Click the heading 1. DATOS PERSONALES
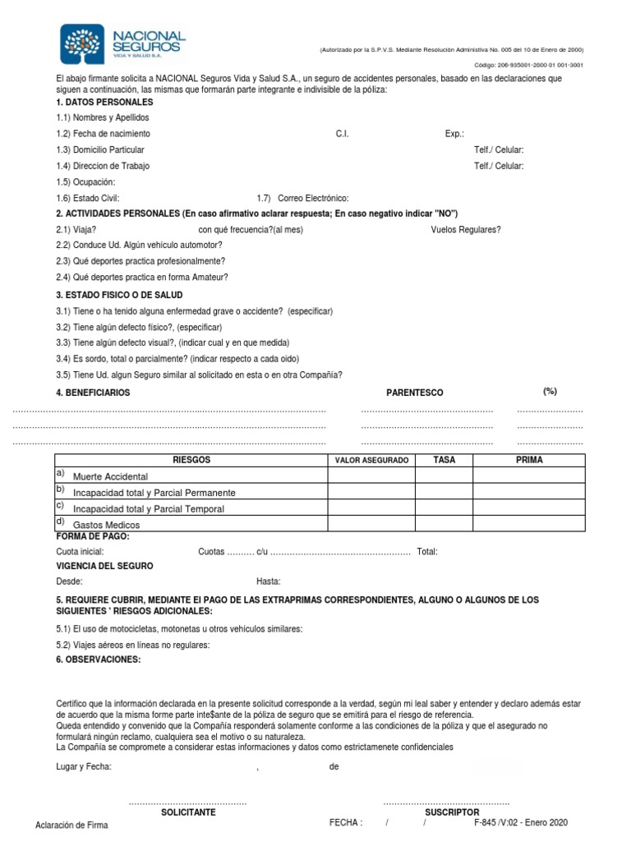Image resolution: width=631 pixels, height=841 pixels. pos(104,103)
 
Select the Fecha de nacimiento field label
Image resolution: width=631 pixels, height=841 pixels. pos(104,134)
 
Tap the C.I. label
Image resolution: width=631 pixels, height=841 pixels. pos(342,134)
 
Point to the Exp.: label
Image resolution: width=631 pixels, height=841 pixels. pos(454,134)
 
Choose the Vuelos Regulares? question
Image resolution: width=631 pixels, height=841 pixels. pos(465,230)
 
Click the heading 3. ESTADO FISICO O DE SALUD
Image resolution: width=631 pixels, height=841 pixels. pos(119,295)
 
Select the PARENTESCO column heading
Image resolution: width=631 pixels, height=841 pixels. pos(414,393)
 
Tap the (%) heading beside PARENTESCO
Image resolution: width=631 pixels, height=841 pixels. pos(550,392)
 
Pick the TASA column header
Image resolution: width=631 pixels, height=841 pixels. pos(444,461)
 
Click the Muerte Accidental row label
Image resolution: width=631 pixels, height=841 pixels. pos(110,476)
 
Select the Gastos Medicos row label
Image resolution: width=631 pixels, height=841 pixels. pos(106,525)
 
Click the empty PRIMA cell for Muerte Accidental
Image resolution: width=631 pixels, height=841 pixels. pos(528,476)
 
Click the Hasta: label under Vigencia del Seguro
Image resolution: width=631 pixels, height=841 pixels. pos(268,581)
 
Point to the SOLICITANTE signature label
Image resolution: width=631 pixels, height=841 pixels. pos(187,811)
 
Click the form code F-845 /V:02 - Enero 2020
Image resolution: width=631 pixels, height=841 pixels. pos(520,822)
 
